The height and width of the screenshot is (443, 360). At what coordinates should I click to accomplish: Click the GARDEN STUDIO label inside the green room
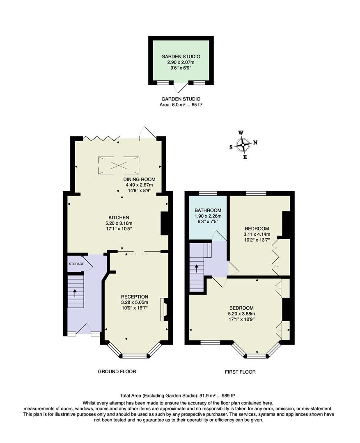[x=181, y=57]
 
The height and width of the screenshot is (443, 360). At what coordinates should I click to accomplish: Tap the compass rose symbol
[x=243, y=145]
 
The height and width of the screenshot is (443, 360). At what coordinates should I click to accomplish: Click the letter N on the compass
[x=255, y=143]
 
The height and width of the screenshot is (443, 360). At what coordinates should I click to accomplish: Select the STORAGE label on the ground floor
[x=77, y=264]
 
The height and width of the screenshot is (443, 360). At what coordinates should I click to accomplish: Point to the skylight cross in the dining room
[x=119, y=165]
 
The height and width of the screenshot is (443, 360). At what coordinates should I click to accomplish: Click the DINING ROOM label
[x=139, y=179]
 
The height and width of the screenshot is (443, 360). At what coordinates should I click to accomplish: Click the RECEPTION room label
[x=135, y=297]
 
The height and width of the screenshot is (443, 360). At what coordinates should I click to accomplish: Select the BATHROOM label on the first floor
[x=208, y=210]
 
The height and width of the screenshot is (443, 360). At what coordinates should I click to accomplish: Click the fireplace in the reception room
[x=163, y=309]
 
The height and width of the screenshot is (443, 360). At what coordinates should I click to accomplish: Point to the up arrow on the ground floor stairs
[x=75, y=293]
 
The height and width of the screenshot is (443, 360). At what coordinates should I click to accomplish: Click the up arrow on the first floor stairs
[x=197, y=268]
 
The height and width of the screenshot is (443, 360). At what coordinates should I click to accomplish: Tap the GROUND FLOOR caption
[x=117, y=372]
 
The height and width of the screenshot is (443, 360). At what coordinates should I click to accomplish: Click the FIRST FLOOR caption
[x=240, y=372]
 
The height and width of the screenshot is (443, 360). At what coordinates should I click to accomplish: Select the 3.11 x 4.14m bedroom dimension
[x=257, y=234]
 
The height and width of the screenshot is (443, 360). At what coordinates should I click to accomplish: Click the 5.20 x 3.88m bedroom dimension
[x=241, y=314]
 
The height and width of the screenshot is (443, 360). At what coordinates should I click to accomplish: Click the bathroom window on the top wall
[x=208, y=193]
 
